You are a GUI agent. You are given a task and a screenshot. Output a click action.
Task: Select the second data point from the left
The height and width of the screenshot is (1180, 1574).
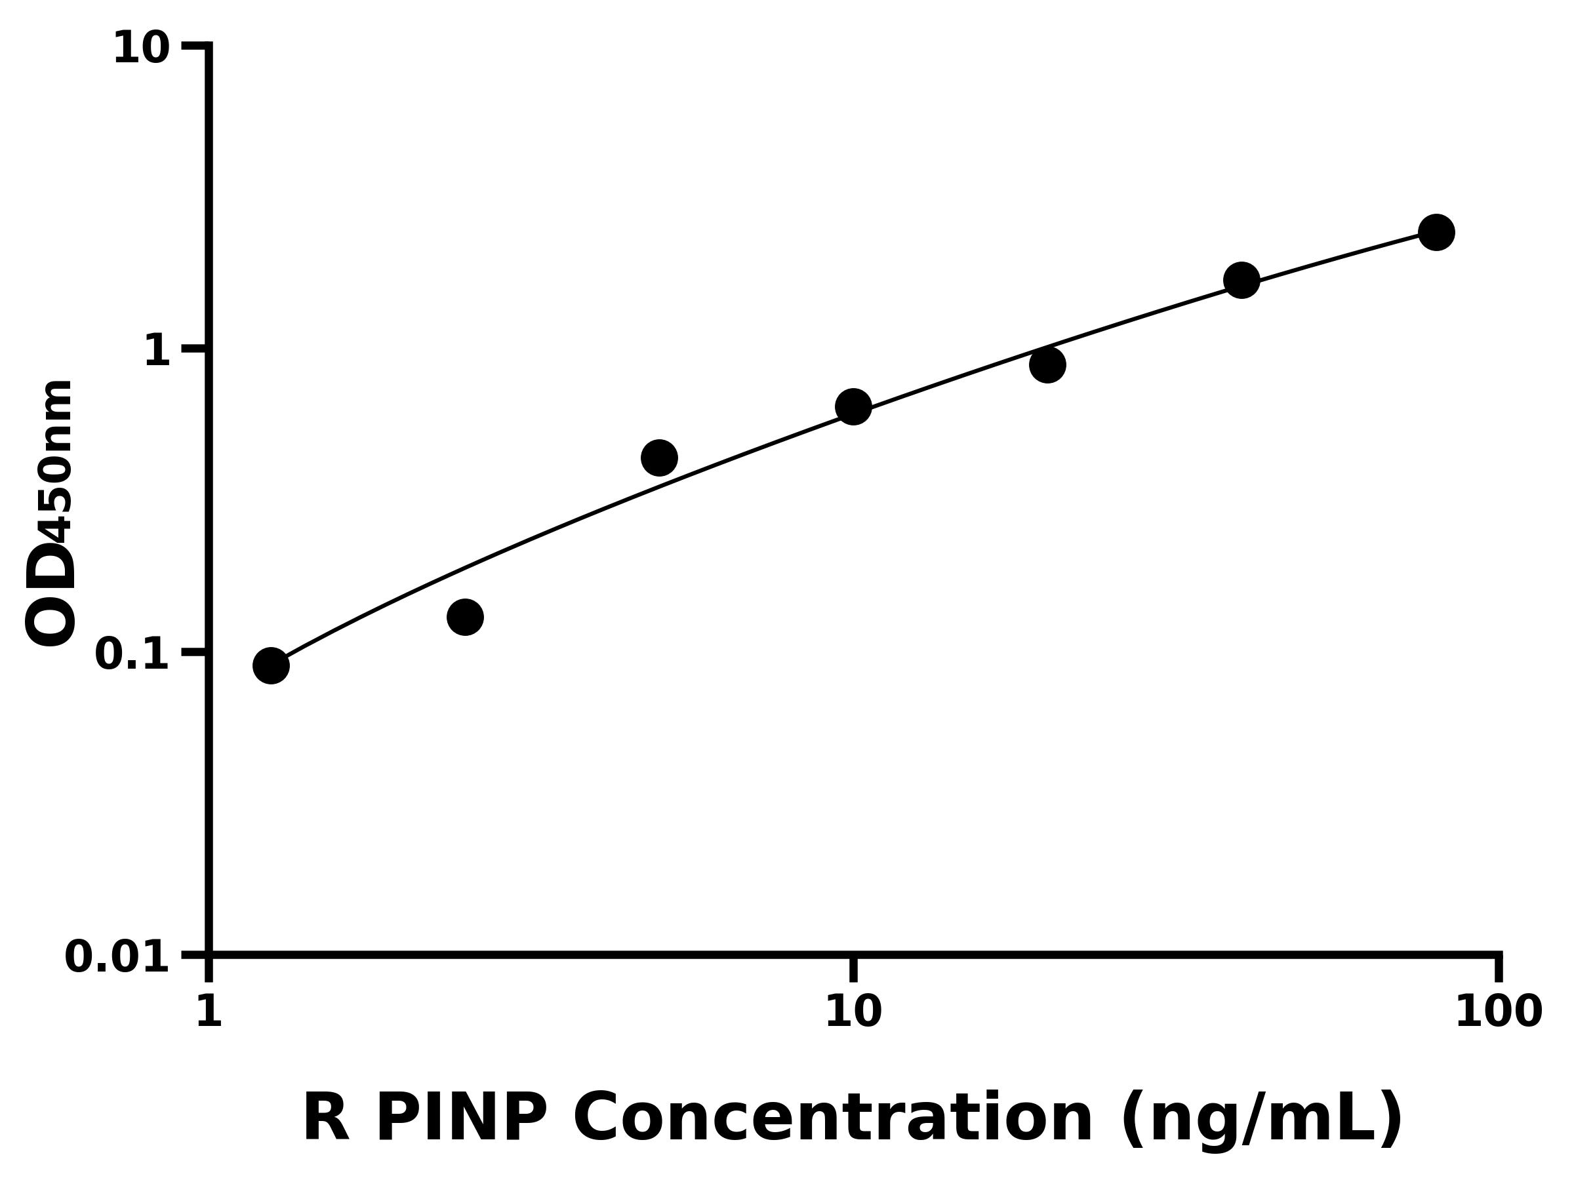466,617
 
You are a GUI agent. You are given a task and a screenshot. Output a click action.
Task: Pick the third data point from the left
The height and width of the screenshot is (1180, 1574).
659,458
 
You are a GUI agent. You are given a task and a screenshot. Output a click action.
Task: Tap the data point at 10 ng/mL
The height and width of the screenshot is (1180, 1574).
853,407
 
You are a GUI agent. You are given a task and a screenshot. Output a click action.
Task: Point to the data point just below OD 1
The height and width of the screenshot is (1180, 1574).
1047,365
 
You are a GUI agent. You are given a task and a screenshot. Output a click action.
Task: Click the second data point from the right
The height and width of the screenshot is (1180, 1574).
1241,280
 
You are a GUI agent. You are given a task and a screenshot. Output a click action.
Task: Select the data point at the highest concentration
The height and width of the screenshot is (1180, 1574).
1437,233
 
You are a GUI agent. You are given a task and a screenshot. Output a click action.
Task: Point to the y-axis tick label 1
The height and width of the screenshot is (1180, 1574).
157,351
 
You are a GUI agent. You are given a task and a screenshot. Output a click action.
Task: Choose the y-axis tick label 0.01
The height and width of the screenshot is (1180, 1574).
117,957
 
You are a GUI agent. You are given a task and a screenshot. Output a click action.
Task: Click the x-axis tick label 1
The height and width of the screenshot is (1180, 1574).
209,1012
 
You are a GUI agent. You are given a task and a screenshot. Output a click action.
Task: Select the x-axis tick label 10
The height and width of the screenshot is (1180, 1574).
853,1012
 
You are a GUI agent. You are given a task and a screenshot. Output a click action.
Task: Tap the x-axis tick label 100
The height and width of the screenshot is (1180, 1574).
1499,1012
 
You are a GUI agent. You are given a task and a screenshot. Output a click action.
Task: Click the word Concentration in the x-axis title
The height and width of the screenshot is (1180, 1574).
832,1119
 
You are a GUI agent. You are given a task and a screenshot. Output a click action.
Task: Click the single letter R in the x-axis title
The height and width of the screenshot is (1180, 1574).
327,1119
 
